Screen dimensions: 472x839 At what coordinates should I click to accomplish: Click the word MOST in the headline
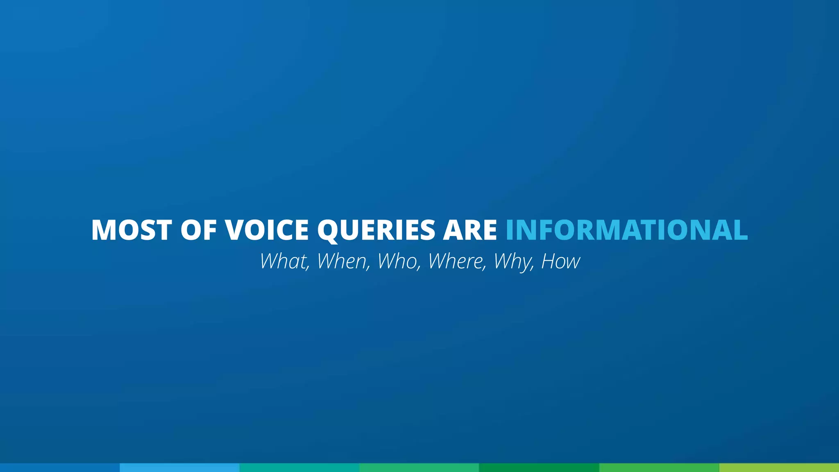click(132, 230)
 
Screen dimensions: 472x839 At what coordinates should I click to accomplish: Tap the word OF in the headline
click(198, 230)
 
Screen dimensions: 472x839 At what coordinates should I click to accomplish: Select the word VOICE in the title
click(267, 230)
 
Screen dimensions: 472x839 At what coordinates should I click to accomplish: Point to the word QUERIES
click(376, 230)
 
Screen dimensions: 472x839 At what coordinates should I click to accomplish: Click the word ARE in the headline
click(470, 230)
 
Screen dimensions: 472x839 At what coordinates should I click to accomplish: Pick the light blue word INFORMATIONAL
click(627, 230)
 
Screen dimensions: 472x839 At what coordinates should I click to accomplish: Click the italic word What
click(284, 261)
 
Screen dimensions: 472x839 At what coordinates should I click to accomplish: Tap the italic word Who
click(399, 261)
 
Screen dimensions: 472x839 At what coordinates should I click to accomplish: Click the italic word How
click(560, 261)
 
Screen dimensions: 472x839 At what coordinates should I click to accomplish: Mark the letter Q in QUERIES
click(330, 231)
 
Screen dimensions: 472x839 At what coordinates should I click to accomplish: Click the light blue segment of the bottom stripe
click(179, 467)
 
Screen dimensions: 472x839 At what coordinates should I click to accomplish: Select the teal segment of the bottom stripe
click(299, 467)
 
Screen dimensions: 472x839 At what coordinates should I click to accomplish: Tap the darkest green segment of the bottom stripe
click(539, 467)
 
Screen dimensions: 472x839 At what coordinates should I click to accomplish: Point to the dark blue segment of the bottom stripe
click(60, 467)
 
